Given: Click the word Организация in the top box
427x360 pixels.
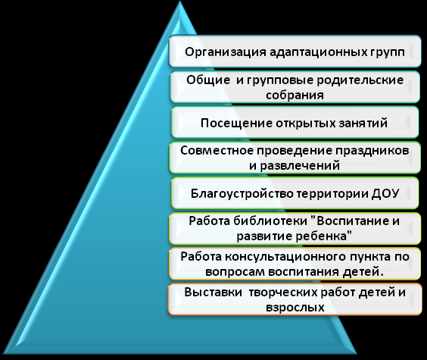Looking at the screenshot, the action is pyautogui.click(x=225, y=52).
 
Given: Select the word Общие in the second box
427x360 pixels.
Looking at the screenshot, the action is pyautogui.click(x=207, y=80).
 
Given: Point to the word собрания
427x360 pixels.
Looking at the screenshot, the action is pyautogui.click(x=295, y=95).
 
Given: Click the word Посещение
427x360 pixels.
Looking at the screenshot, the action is pyautogui.click(x=236, y=124).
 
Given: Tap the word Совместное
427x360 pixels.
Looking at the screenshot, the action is pyautogui.click(x=217, y=150).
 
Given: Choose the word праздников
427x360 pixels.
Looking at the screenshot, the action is pyautogui.click(x=372, y=151).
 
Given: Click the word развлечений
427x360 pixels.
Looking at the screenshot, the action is pyautogui.click(x=300, y=166).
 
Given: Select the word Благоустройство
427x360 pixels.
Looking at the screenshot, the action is pyautogui.click(x=242, y=194).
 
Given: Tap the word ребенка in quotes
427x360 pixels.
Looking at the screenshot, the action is pyautogui.click(x=323, y=236).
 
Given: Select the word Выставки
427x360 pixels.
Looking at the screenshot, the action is pyautogui.click(x=213, y=292).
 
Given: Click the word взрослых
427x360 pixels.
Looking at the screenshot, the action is pyautogui.click(x=295, y=308).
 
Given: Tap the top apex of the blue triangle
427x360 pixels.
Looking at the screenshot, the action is pyautogui.click(x=179, y=1).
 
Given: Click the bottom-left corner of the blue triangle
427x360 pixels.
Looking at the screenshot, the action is pyautogui.click(x=3, y=353).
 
